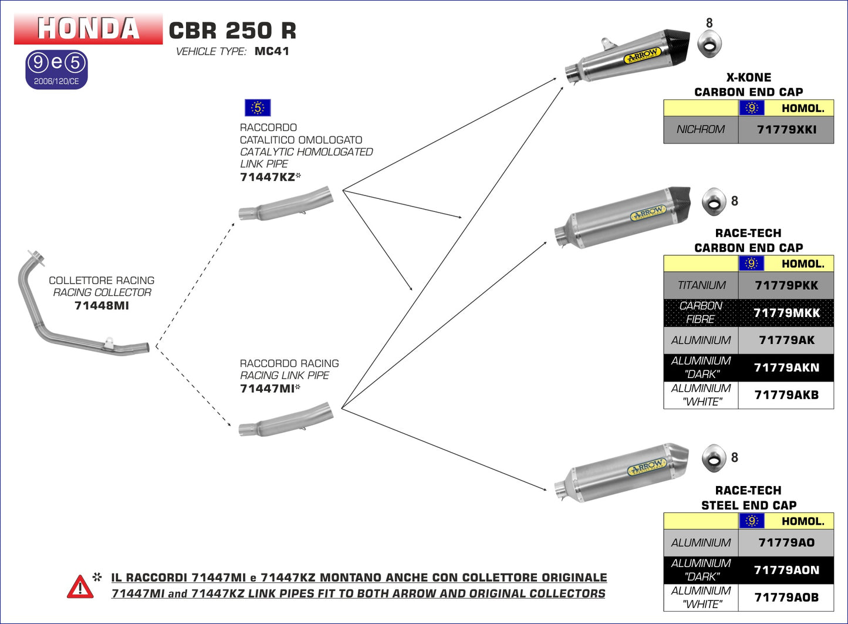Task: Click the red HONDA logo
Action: [88, 28]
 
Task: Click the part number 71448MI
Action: [102, 306]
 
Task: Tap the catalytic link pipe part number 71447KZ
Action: [268, 177]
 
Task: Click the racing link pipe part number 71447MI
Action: [268, 389]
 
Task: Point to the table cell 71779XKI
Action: [786, 130]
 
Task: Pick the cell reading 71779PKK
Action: [786, 285]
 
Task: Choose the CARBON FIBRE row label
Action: [701, 313]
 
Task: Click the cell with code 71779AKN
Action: [786, 368]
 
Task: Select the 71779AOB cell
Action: [786, 598]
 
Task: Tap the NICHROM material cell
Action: [701, 130]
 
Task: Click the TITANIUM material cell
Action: [701, 285]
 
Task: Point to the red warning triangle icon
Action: [80, 587]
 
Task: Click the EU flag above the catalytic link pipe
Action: [257, 108]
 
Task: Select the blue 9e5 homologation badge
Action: [56, 69]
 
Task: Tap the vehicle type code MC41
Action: [272, 52]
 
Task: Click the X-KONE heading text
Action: [748, 77]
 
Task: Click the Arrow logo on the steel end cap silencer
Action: [646, 467]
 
